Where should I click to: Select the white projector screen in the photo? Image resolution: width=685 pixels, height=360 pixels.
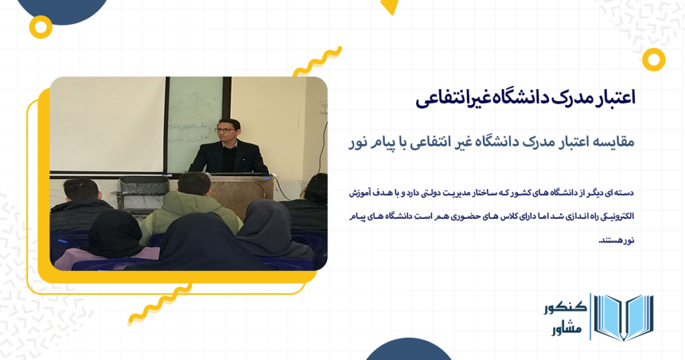107,124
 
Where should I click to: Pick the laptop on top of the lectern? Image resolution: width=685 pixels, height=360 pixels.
234,173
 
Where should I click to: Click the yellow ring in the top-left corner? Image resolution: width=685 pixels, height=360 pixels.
42,27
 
